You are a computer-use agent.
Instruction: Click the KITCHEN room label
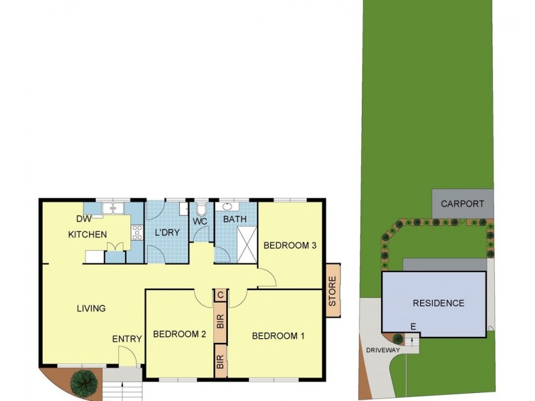[87, 235]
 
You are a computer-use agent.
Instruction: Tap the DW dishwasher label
[84, 219]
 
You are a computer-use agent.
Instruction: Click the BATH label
[235, 219]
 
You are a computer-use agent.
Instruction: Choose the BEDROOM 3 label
[290, 245]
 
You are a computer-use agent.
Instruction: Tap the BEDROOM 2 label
[179, 334]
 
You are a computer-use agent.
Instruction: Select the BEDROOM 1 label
[278, 336]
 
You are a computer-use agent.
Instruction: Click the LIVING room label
[91, 309]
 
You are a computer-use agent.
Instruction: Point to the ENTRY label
[127, 340]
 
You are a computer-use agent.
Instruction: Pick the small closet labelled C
[220, 295]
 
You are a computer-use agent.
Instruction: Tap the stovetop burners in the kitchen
[137, 233]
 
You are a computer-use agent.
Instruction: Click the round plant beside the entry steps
[84, 382]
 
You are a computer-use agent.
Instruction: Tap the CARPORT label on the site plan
[462, 204]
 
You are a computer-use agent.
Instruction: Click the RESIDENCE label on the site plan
[438, 303]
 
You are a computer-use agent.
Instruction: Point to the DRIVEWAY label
[383, 350]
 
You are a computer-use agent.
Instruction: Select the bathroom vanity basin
[227, 207]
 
